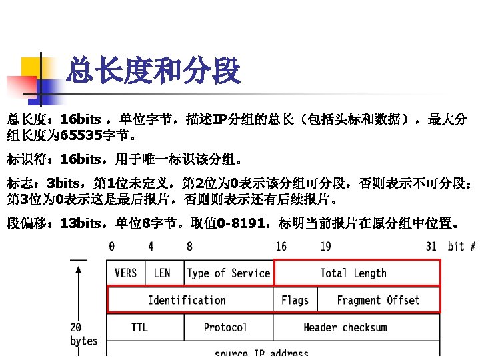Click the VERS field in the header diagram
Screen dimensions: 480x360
(x=126, y=273)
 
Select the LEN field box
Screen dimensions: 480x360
(x=162, y=273)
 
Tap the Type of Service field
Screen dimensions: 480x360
(x=228, y=273)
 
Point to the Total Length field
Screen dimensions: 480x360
(x=353, y=273)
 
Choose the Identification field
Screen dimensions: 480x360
(x=187, y=300)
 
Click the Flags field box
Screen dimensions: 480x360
(x=295, y=300)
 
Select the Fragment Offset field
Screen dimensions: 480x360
(x=378, y=300)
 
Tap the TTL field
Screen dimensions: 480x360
(x=139, y=327)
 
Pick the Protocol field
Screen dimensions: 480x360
(x=225, y=327)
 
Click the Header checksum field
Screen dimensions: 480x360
(x=345, y=327)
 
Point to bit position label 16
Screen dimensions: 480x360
(x=281, y=247)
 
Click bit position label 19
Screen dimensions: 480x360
(x=325, y=247)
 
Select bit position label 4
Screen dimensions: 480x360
(x=151, y=247)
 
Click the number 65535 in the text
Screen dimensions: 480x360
(x=80, y=137)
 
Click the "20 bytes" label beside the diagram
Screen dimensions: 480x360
(x=83, y=334)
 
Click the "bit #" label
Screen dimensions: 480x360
(x=461, y=247)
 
